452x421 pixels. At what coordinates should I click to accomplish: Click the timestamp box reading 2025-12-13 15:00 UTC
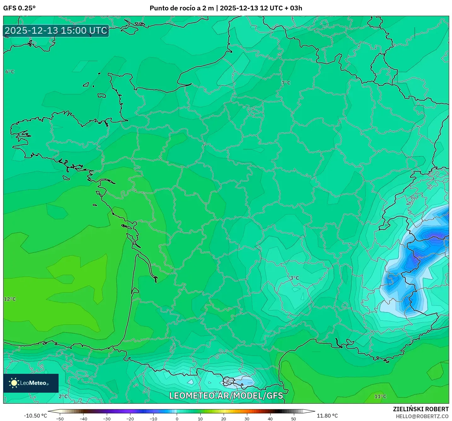point(56,31)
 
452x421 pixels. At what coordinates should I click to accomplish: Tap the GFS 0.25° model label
point(19,8)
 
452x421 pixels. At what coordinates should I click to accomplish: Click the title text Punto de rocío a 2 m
point(181,8)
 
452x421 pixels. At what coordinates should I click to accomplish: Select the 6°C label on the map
point(10,72)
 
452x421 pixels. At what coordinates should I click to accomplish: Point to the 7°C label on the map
point(286,83)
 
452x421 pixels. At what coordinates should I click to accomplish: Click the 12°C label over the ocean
point(10,299)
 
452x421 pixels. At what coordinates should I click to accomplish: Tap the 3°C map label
point(295,278)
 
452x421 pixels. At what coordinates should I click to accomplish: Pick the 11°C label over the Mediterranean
point(380,396)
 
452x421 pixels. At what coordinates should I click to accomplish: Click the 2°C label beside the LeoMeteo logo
point(63,396)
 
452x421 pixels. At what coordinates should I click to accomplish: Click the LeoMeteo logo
point(31,383)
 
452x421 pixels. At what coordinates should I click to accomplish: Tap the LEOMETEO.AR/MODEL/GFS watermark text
point(226,396)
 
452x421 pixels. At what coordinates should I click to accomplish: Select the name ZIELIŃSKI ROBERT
point(421,409)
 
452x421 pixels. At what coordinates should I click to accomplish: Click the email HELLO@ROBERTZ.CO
point(422,416)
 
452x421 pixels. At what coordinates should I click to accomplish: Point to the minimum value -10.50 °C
point(35,416)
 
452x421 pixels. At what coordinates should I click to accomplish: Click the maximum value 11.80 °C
point(327,416)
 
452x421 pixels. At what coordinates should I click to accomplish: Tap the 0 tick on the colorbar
point(177,418)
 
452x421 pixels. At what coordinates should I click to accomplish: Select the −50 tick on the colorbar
point(60,418)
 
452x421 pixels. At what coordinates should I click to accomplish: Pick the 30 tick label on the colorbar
point(247,418)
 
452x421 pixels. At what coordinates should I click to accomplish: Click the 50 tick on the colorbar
point(294,418)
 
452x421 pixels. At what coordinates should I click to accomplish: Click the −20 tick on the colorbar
point(130,418)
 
